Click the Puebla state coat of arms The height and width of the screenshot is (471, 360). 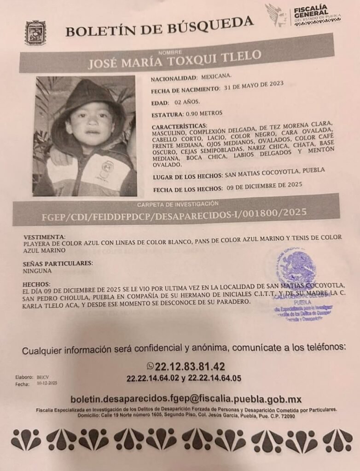pyautogui.click(x=35, y=33)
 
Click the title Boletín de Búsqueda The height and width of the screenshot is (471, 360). pyautogui.click(x=159, y=27)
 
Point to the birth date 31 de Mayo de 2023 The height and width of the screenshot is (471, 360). pyautogui.click(x=254, y=86)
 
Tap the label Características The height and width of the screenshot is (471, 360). pyautogui.click(x=179, y=126)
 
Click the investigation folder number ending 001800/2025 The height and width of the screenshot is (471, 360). pyautogui.click(x=174, y=213)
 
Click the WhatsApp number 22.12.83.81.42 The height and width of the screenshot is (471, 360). pyautogui.click(x=190, y=367)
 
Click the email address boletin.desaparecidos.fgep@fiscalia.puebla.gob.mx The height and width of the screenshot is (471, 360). pyautogui.click(x=186, y=399)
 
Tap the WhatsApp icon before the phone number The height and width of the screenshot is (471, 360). pyautogui.click(x=150, y=366)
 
